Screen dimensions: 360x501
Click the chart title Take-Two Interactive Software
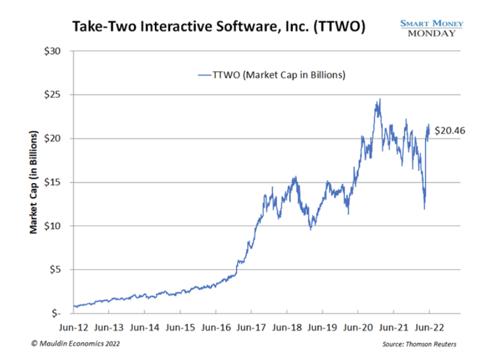pyautogui.click(x=219, y=27)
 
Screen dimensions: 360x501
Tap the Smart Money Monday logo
pyautogui.click(x=432, y=28)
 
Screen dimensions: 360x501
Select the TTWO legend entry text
pyautogui.click(x=279, y=76)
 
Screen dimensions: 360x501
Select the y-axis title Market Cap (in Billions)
pyautogui.click(x=35, y=182)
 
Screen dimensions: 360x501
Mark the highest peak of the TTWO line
pyautogui.click(x=380, y=99)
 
